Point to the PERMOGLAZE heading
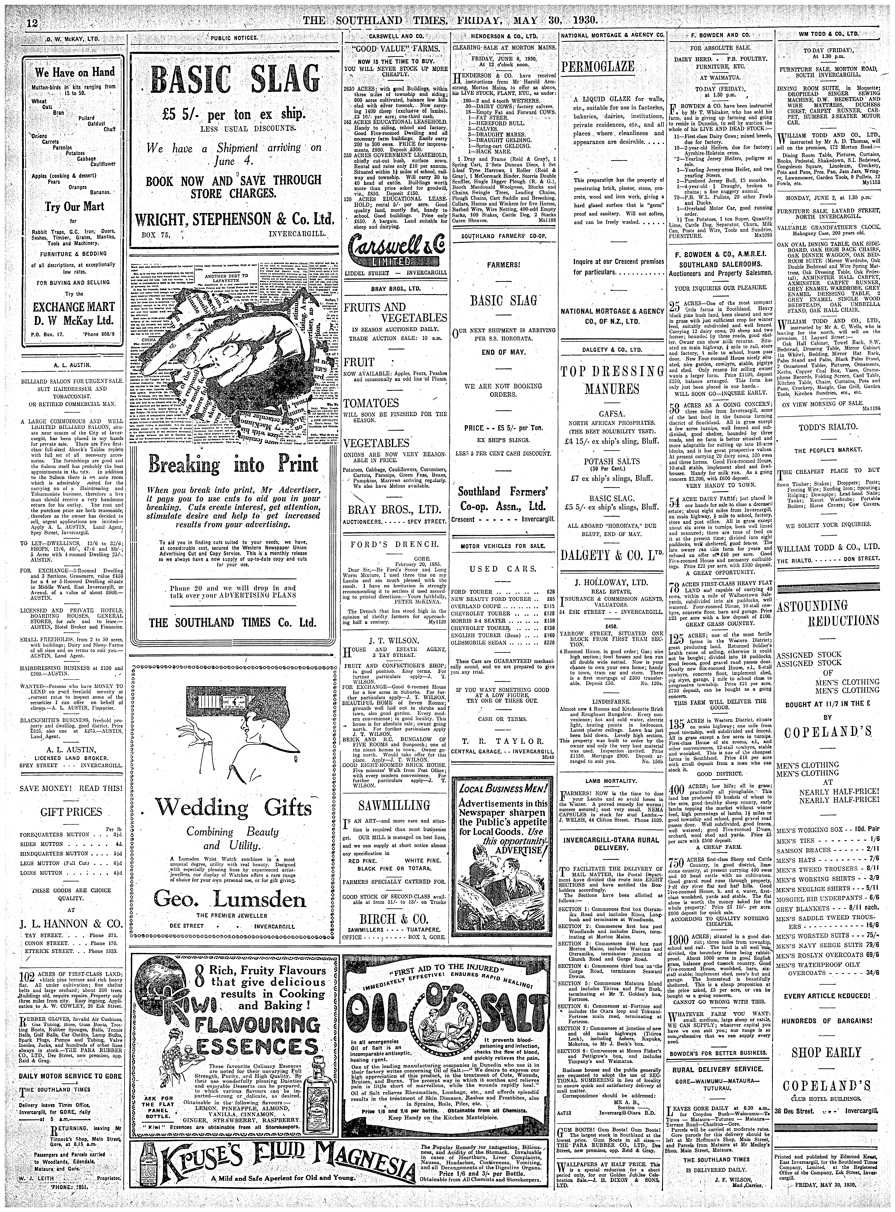(x=589, y=68)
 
